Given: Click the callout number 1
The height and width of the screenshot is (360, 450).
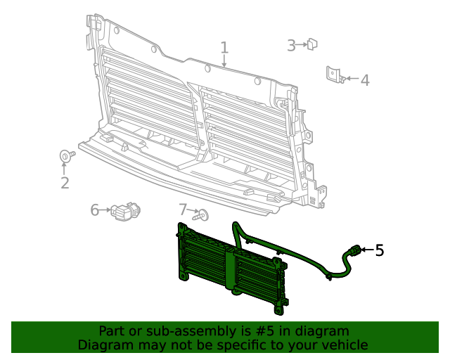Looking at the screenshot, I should (x=224, y=48).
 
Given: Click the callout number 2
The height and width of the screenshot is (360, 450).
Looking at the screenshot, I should (x=65, y=184).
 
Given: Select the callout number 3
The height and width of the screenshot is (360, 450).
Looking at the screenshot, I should (x=291, y=46).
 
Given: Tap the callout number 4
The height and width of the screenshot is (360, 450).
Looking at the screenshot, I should (x=364, y=80).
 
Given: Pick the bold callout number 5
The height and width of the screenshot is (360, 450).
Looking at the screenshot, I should (x=380, y=250).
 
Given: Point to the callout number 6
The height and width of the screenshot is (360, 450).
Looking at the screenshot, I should (x=95, y=210).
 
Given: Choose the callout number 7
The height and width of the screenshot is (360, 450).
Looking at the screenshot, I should (x=183, y=210).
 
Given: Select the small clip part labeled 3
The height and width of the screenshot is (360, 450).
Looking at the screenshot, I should (x=313, y=44).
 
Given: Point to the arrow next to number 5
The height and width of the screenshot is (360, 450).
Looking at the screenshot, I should (x=366, y=250).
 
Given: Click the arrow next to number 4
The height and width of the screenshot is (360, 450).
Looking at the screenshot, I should (x=351, y=79).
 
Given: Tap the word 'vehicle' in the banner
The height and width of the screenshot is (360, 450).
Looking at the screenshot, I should (x=343, y=345).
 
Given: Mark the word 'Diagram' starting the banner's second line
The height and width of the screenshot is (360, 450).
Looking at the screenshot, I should (x=104, y=345).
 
